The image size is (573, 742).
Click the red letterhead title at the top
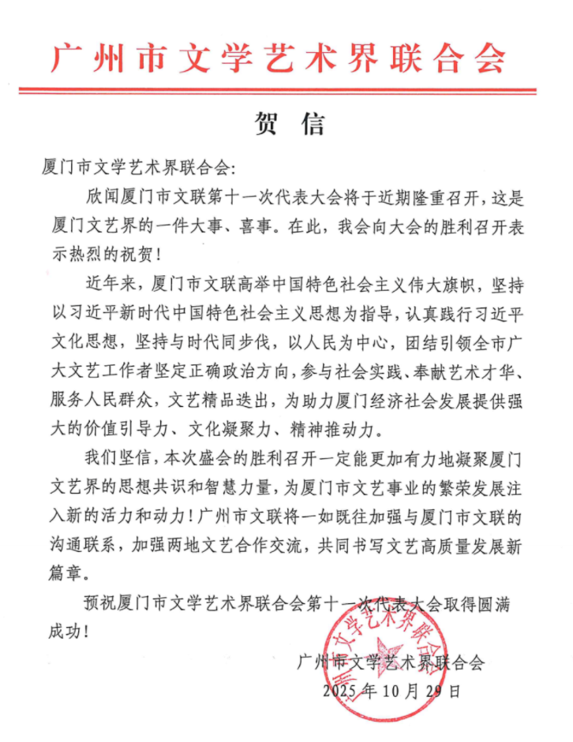click(x=278, y=57)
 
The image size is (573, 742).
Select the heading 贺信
click(x=286, y=124)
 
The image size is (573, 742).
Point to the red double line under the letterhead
click(x=286, y=91)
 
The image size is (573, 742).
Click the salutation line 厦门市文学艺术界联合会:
click(x=138, y=167)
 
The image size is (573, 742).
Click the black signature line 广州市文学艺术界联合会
click(x=390, y=663)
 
